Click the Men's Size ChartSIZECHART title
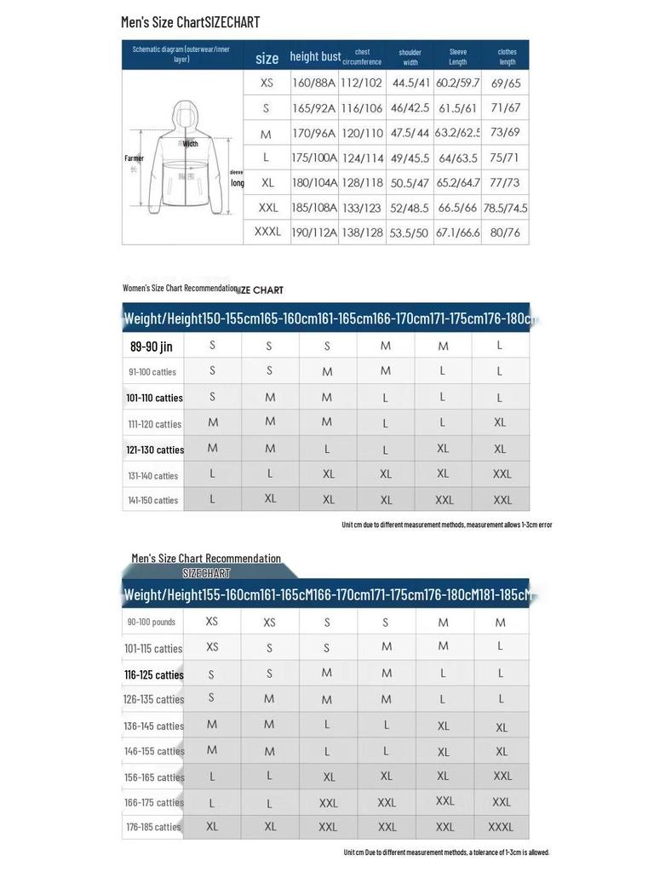(190, 22)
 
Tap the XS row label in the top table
(267, 83)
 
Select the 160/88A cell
(314, 83)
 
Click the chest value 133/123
(362, 208)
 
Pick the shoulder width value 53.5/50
(409, 232)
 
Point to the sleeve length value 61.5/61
(457, 108)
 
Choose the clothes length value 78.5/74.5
(505, 208)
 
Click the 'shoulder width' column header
(410, 57)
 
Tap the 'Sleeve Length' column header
(457, 56)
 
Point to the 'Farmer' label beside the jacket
(135, 158)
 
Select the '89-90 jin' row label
(152, 347)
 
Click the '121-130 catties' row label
(155, 450)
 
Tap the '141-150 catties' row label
(153, 500)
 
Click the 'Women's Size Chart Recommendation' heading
(180, 288)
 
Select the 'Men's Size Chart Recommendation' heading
(206, 559)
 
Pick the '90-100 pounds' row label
(152, 622)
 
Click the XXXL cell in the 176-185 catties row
(500, 827)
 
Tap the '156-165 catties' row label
(154, 777)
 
